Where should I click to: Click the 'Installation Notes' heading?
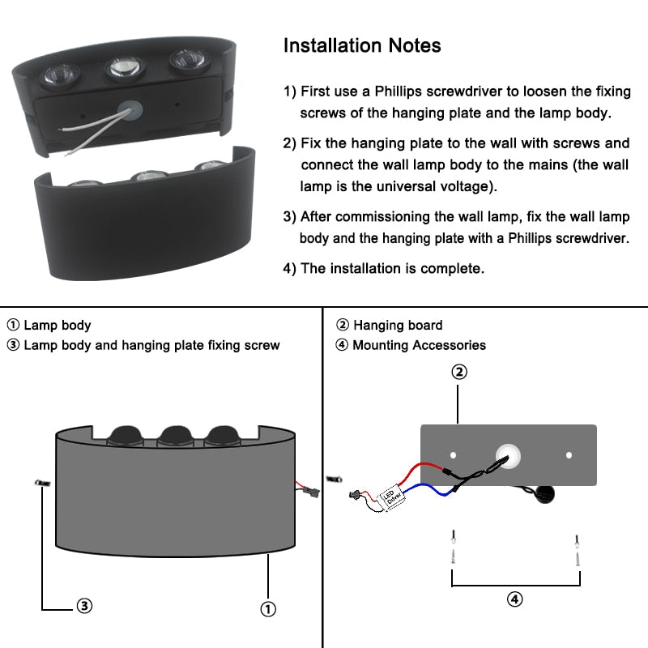tap(362, 45)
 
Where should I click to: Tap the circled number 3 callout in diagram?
tap(84, 605)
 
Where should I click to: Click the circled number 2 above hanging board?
tap(458, 372)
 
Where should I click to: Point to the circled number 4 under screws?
tap(515, 599)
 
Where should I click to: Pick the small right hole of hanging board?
tap(569, 455)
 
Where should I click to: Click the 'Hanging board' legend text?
tap(398, 326)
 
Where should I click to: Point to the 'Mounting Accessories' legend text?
tap(419, 345)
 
